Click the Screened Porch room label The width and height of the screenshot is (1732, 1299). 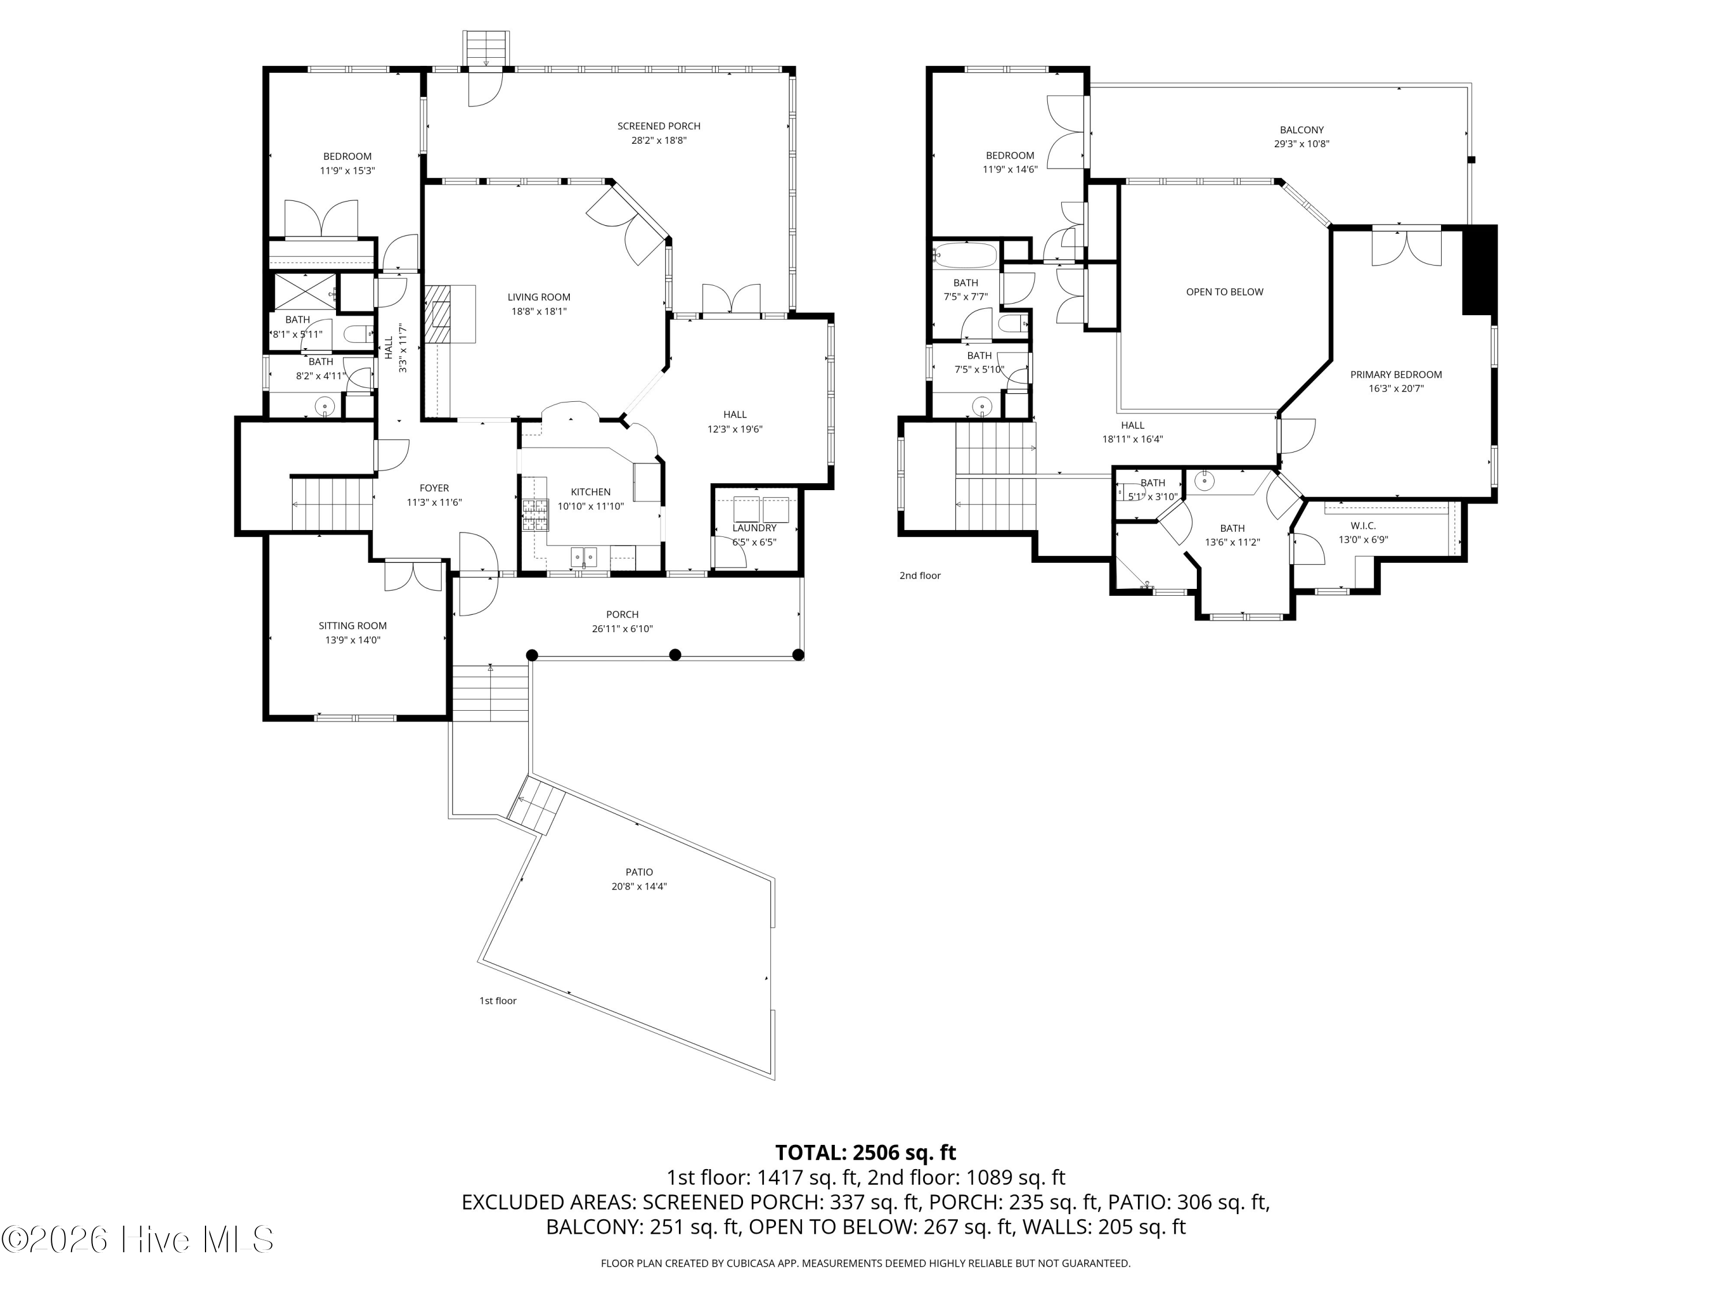pyautogui.click(x=659, y=126)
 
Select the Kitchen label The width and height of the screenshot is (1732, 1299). pyautogui.click(x=591, y=492)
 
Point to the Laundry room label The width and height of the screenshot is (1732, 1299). pyautogui.click(x=754, y=528)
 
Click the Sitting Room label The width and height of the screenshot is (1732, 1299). pyautogui.click(x=352, y=626)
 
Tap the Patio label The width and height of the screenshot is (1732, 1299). pyautogui.click(x=639, y=872)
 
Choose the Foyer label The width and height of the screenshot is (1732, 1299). pyautogui.click(x=434, y=488)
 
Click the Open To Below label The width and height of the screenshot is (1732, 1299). pyautogui.click(x=1225, y=292)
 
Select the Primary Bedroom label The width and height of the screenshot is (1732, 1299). pyautogui.click(x=1396, y=374)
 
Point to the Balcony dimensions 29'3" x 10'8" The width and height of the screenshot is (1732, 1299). pyautogui.click(x=1301, y=144)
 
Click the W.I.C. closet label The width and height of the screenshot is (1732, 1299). pyautogui.click(x=1363, y=525)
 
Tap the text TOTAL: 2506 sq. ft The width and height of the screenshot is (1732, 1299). pyautogui.click(x=865, y=1152)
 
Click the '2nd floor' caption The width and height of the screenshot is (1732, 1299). pyautogui.click(x=920, y=576)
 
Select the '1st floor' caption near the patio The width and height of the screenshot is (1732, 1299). pyautogui.click(x=498, y=1001)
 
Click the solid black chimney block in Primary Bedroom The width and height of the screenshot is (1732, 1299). pyautogui.click(x=1480, y=270)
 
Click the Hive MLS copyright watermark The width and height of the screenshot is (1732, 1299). pyautogui.click(x=138, y=1240)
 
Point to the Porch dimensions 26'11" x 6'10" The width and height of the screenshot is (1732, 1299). pyautogui.click(x=622, y=629)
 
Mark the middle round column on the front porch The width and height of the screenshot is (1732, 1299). pyautogui.click(x=675, y=655)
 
